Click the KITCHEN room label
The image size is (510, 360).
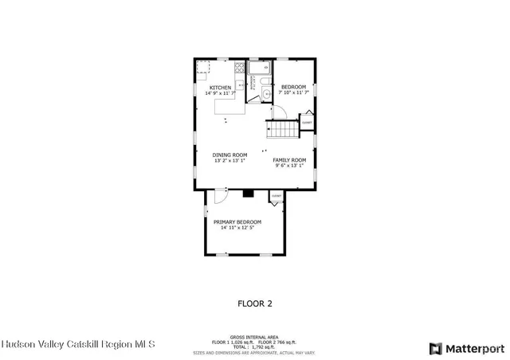click(x=221, y=88)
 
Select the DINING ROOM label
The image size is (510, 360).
click(x=229, y=155)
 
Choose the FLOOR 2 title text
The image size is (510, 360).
click(x=255, y=303)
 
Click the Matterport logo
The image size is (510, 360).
click(x=467, y=348)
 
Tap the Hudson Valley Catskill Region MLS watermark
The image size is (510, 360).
click(x=78, y=345)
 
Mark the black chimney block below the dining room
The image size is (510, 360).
click(x=248, y=192)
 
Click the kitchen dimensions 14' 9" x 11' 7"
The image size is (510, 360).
click(x=221, y=94)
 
